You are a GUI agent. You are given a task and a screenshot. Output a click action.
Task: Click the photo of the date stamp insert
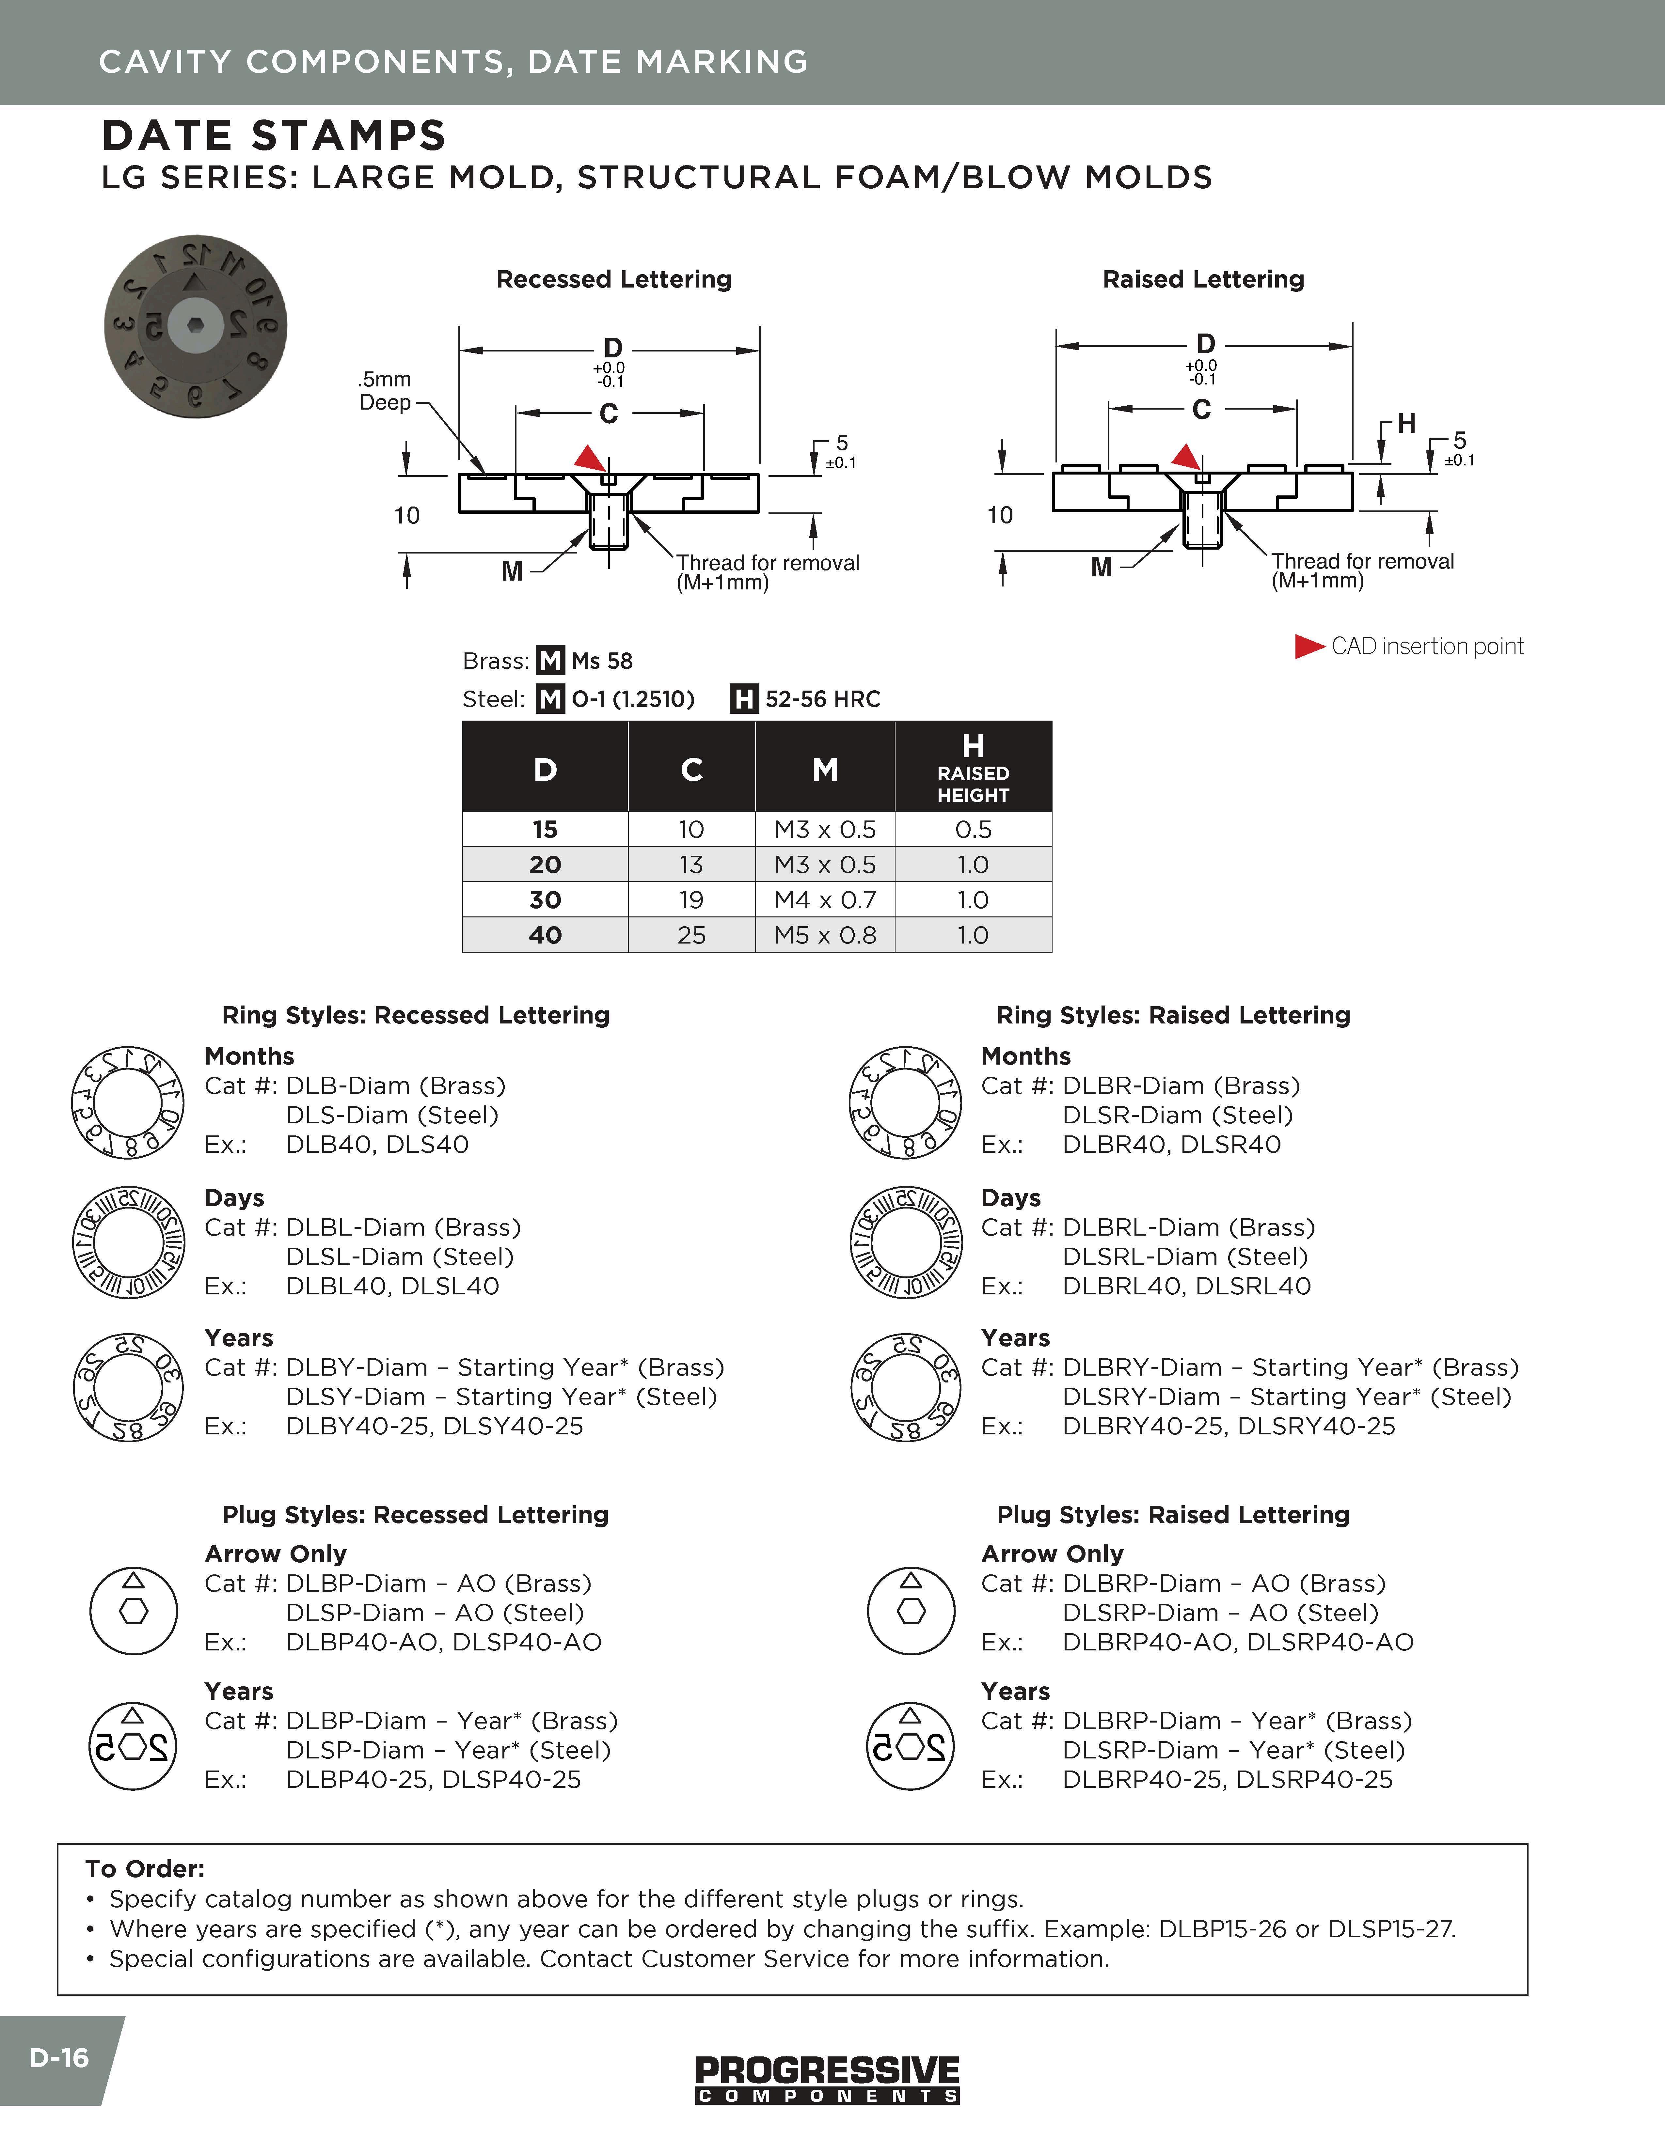coord(195,326)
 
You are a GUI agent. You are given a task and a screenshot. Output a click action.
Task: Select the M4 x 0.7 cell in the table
coord(825,899)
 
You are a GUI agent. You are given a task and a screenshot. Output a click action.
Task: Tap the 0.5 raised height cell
coord(973,829)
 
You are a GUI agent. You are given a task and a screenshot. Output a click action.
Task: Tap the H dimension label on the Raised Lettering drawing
coord(1405,424)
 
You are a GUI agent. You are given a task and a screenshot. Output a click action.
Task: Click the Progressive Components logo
coord(827,2079)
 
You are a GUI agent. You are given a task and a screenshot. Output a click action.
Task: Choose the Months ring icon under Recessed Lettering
coord(127,1102)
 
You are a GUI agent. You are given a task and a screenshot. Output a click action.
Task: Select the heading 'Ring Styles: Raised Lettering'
coord(1173,1015)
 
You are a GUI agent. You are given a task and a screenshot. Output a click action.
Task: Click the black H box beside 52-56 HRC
coord(744,699)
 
